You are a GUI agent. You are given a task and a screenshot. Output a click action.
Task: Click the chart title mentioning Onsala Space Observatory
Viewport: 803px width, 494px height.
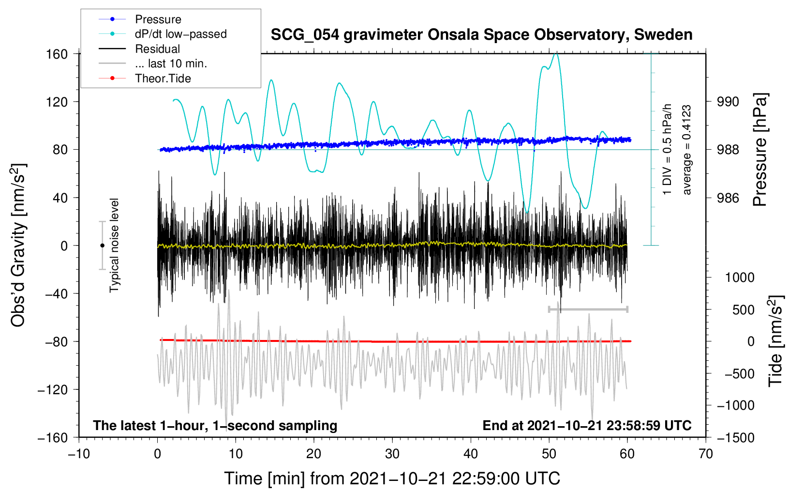click(481, 35)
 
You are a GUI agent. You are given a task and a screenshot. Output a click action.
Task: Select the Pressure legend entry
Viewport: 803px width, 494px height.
click(158, 19)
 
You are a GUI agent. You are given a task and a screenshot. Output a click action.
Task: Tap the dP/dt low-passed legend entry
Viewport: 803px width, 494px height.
click(180, 34)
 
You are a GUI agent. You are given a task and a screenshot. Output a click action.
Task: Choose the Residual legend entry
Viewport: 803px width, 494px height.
click(157, 49)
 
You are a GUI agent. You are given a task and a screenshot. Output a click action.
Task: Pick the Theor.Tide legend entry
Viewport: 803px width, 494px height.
click(163, 78)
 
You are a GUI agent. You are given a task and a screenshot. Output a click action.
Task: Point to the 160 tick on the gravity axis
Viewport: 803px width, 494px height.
click(57, 54)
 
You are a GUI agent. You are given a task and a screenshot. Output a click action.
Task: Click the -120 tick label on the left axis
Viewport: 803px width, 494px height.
click(53, 389)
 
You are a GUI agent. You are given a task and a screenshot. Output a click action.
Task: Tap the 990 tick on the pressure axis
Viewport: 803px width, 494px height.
click(728, 102)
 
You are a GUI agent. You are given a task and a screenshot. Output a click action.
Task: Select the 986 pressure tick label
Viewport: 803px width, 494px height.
click(728, 198)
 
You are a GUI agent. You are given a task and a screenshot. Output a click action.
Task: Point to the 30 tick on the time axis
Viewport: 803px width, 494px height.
click(392, 454)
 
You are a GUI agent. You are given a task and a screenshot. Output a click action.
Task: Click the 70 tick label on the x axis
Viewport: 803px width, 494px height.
click(706, 454)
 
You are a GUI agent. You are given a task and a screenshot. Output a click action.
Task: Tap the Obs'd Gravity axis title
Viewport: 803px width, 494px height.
click(18, 245)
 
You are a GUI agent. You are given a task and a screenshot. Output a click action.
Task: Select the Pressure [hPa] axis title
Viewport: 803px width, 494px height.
click(760, 150)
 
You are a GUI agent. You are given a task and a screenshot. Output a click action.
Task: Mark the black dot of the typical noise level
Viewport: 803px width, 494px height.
click(102, 246)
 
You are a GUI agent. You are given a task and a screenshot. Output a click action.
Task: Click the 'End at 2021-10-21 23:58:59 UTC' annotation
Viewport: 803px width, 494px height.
click(587, 425)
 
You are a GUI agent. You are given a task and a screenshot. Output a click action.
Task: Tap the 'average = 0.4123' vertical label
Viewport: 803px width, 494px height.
click(687, 150)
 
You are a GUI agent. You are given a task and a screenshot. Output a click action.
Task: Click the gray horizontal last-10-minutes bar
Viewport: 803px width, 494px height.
click(588, 309)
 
